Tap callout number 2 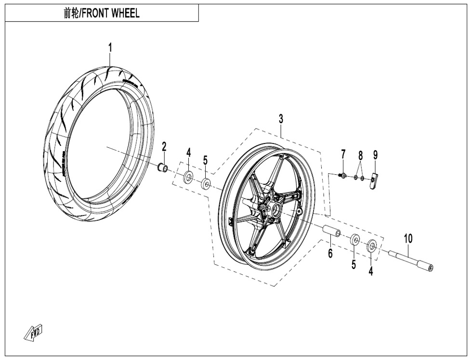(x=164, y=146)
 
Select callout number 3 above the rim (x=281, y=119)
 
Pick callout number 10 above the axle (x=408, y=238)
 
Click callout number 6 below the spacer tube (x=330, y=253)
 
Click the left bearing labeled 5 (x=206, y=183)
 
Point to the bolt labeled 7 (x=342, y=176)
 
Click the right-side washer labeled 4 (x=372, y=246)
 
